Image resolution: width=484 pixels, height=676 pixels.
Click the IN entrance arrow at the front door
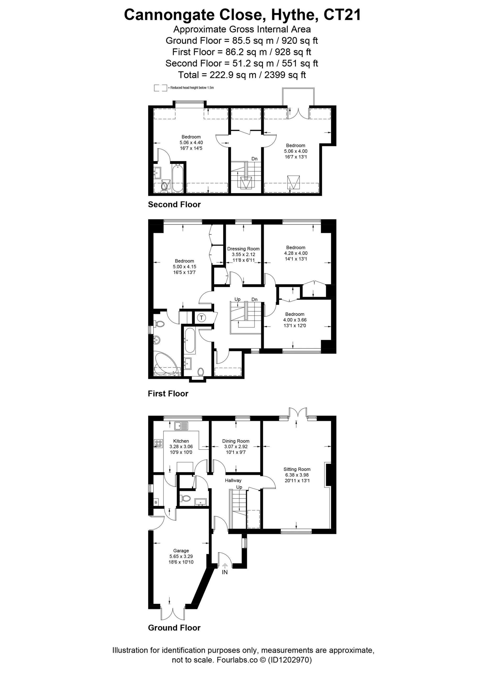pos(225,565)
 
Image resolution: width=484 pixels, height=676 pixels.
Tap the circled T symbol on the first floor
pos(201,318)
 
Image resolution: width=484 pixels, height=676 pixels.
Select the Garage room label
pos(181,551)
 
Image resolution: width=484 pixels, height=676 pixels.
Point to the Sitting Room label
pos(297,469)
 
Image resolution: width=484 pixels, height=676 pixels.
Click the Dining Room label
pos(236,441)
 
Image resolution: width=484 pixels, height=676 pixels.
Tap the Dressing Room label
pos(243,249)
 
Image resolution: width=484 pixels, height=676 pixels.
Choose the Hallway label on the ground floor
pos(233,480)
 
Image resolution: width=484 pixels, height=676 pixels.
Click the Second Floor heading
pos(174,204)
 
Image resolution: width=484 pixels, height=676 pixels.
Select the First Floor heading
pos(168,393)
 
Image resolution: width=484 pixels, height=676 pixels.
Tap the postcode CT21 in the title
pos(342,15)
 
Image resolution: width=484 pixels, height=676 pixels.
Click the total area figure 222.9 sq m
pos(233,75)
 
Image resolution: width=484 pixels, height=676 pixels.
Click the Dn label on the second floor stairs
pos(254,159)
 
